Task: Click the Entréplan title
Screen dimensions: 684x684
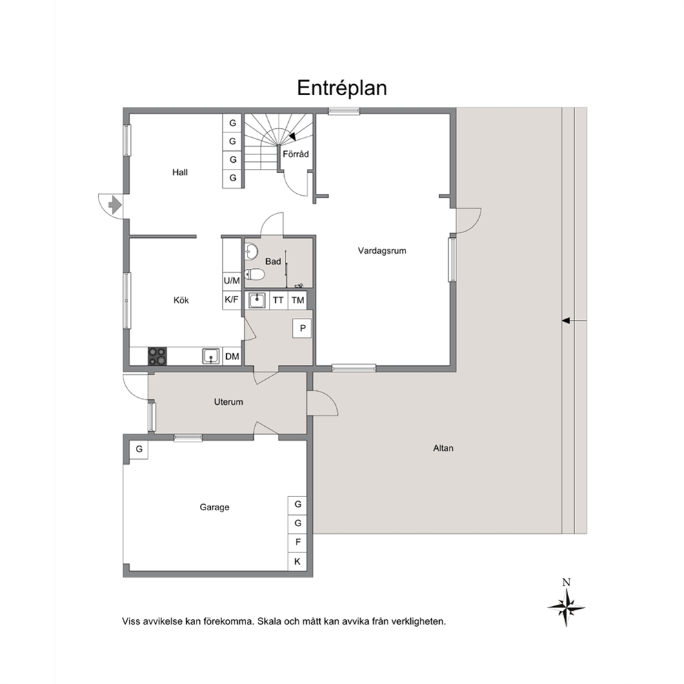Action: click(x=342, y=88)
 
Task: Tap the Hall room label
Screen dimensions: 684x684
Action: click(x=180, y=172)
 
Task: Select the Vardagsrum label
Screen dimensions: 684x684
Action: click(x=382, y=251)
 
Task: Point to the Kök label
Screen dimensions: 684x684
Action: click(x=181, y=300)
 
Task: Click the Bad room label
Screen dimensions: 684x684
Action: click(x=273, y=261)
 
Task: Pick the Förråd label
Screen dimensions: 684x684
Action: click(x=296, y=154)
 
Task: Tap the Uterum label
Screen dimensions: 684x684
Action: click(x=229, y=402)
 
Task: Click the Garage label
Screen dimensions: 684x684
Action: click(x=214, y=507)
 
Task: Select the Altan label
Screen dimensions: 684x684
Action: click(x=443, y=448)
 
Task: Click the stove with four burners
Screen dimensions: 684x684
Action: click(x=157, y=356)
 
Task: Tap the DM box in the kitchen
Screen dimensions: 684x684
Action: click(x=232, y=356)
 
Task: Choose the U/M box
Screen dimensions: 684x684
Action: click(x=232, y=281)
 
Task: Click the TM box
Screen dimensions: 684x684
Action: click(x=297, y=300)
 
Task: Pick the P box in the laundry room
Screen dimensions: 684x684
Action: click(x=303, y=328)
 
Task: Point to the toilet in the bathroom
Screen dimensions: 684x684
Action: click(x=254, y=274)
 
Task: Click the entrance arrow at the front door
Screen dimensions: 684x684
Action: click(x=114, y=205)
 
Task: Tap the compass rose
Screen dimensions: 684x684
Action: click(x=566, y=607)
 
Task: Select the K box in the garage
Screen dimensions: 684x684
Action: click(x=297, y=561)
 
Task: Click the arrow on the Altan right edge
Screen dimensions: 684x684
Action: click(x=574, y=321)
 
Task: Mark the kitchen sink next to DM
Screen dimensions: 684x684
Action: click(x=212, y=356)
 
